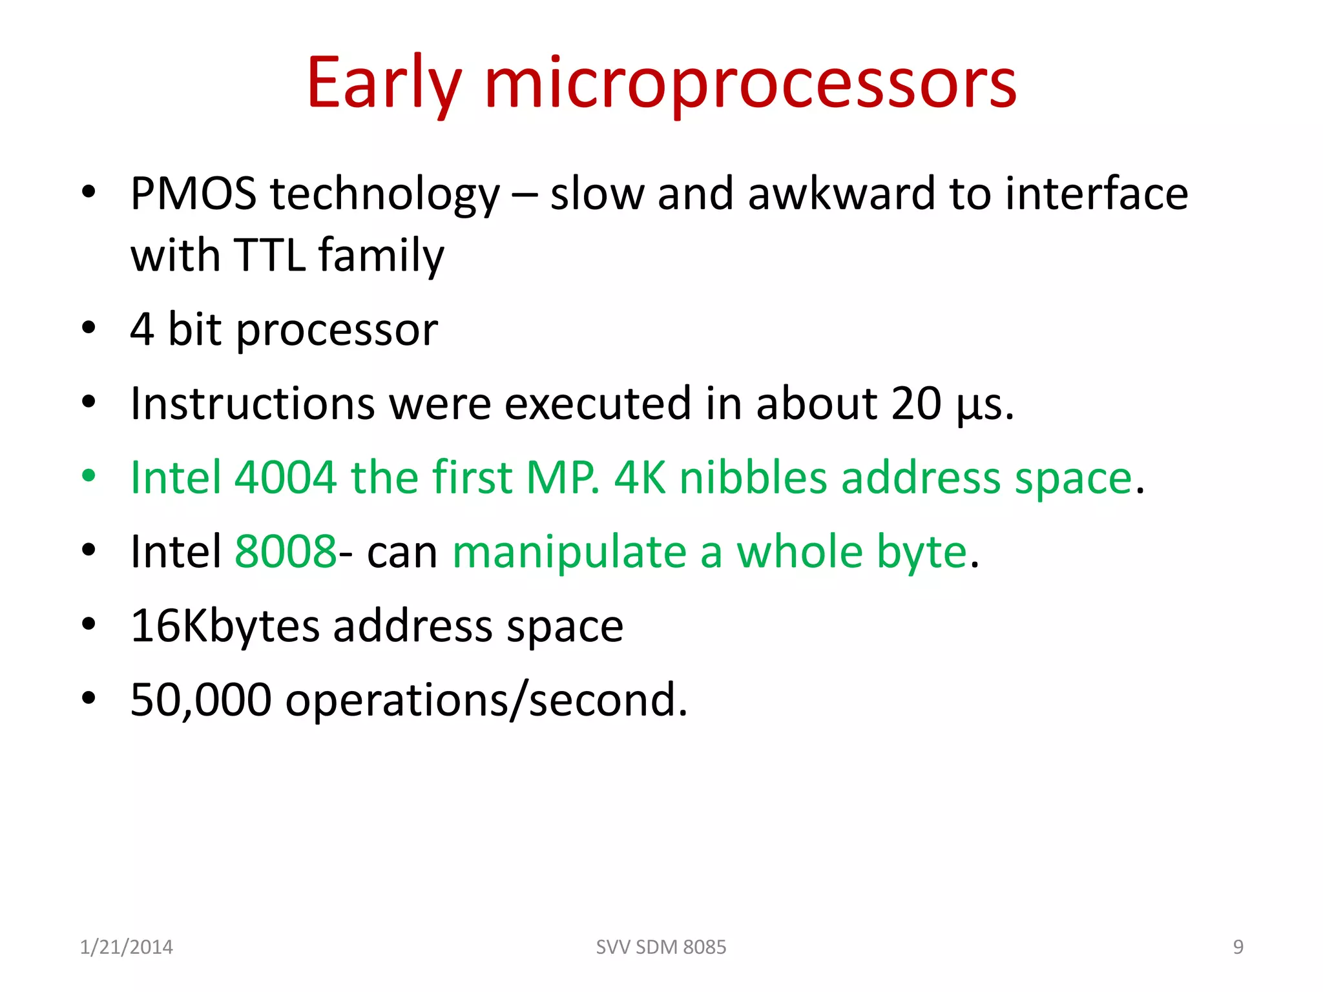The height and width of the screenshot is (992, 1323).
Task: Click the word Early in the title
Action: coord(385,84)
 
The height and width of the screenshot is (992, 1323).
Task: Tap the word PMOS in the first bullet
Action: coord(193,194)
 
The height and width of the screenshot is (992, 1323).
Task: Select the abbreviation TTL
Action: coord(269,255)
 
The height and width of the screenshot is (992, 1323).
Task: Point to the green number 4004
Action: coord(285,478)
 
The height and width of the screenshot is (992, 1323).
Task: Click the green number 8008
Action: coord(285,552)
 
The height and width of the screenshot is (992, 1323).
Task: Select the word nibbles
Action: coord(753,478)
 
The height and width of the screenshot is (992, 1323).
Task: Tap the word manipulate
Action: coord(569,552)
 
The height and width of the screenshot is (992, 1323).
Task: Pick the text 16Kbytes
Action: coord(225,626)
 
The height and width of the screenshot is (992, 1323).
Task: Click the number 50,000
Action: coord(200,700)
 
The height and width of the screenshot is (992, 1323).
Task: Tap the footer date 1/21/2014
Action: coord(126,947)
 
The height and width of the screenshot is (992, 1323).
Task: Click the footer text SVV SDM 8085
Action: coord(661,947)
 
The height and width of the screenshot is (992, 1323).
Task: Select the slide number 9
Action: coord(1238,947)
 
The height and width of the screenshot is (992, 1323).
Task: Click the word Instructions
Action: coord(252,404)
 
